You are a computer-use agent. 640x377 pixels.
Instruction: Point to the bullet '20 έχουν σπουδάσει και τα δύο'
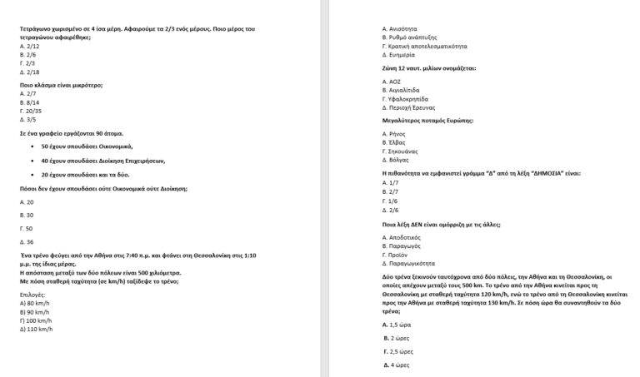pos(85,175)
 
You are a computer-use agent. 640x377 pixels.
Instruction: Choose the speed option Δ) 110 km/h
pos(36,329)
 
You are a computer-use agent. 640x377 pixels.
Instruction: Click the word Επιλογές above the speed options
pos(33,295)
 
